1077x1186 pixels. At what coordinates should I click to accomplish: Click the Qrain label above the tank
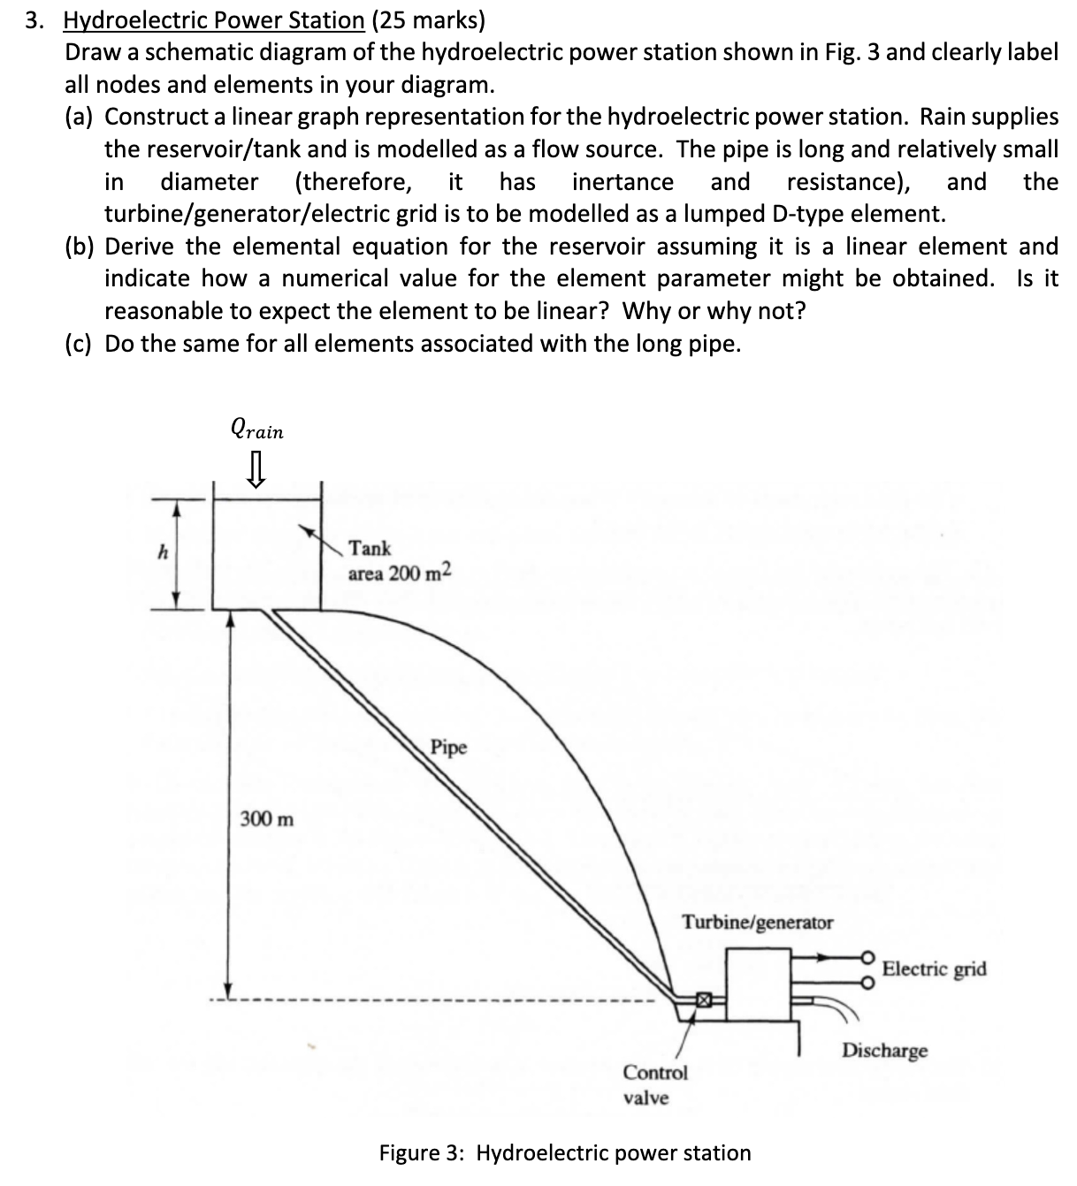coord(256,430)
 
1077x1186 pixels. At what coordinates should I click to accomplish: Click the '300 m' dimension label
coord(267,818)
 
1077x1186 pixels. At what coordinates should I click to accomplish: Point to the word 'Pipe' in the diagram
coord(449,748)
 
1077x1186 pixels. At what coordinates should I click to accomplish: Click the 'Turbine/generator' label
coord(757,923)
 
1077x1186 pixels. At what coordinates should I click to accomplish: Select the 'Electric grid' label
coord(934,969)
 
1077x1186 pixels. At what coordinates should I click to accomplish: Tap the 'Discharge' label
coord(884,1051)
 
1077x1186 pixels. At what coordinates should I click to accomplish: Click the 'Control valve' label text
coord(654,1084)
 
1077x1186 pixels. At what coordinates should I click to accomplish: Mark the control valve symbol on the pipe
coord(703,1000)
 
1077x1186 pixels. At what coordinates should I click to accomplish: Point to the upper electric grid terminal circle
coord(868,957)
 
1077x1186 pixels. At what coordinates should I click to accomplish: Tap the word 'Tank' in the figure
coord(370,548)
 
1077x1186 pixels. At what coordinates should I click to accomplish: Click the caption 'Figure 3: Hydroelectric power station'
coord(564,1152)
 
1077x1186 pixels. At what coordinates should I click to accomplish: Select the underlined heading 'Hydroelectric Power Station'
coord(213,20)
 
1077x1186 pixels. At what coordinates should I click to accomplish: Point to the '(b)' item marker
coord(81,246)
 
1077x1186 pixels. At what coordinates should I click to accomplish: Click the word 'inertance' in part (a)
coord(623,182)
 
